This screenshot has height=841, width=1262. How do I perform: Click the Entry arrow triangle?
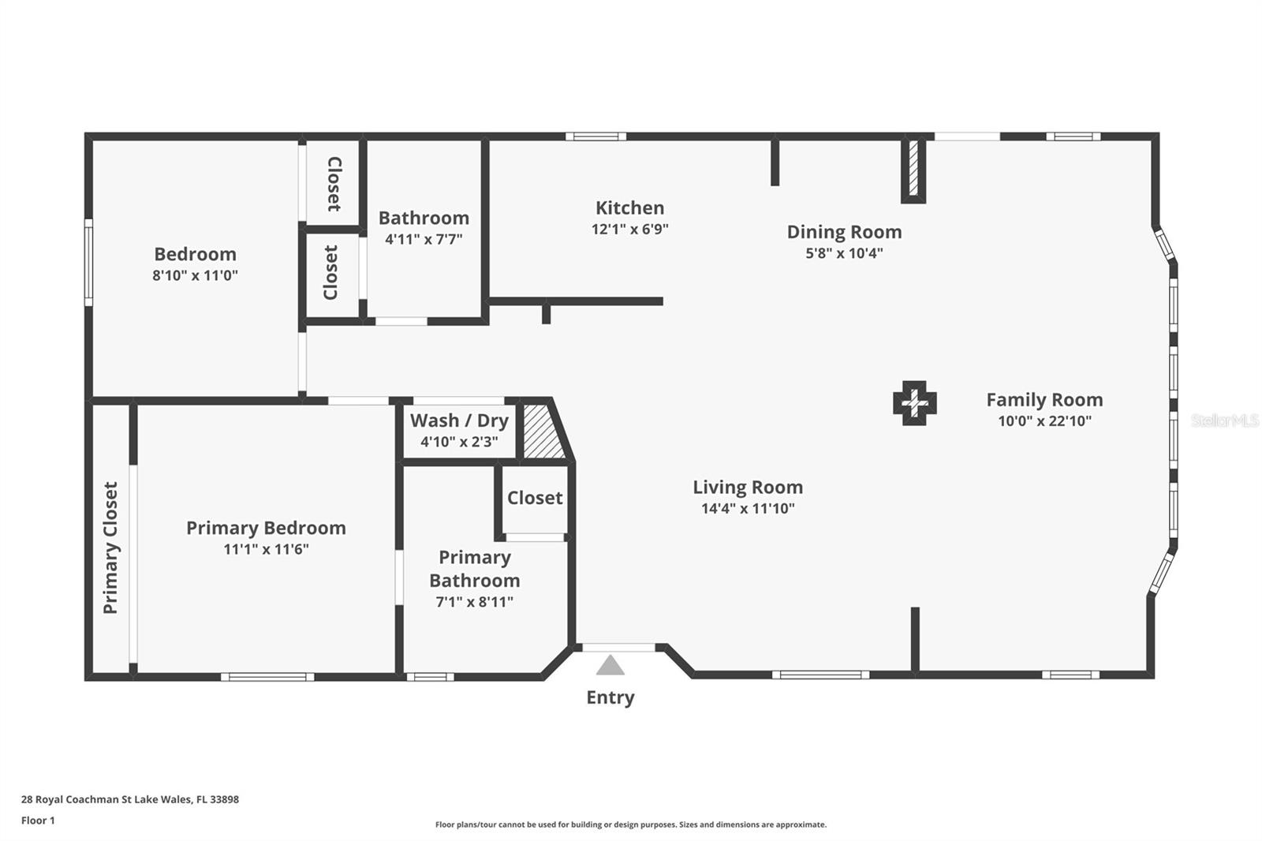tap(610, 666)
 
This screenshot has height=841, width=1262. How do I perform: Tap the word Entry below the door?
tap(610, 697)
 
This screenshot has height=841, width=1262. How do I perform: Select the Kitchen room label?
tap(629, 207)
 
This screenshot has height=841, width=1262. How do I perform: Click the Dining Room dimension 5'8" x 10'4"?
tap(844, 253)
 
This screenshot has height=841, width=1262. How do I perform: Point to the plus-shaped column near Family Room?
tap(914, 403)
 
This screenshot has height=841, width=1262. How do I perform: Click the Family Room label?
tap(1044, 400)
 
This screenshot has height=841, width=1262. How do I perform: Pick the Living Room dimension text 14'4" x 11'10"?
tap(748, 509)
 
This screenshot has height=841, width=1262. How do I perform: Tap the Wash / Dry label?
tap(459, 420)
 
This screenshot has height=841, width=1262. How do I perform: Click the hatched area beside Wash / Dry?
tap(543, 432)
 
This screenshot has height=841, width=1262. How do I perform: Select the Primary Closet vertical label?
tap(110, 548)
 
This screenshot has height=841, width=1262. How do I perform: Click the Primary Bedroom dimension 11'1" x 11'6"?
tap(266, 549)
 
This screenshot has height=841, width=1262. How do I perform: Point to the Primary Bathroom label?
tap(474, 569)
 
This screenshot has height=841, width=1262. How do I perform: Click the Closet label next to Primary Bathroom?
tap(535, 498)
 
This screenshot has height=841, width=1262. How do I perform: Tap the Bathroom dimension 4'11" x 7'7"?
tap(424, 239)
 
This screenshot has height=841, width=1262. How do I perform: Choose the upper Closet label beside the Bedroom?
tap(334, 184)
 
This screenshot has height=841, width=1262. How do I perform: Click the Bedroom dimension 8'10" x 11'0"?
tap(195, 275)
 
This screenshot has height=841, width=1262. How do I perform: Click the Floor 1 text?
tap(38, 820)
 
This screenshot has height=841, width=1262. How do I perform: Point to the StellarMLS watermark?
tap(1224, 420)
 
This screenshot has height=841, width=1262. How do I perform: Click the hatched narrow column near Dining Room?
tap(913, 168)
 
